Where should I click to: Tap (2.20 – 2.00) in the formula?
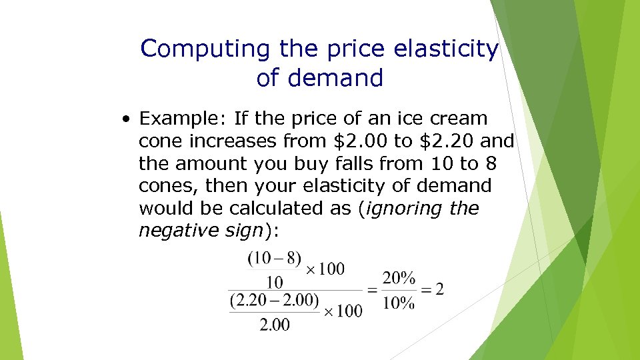pyautogui.click(x=274, y=300)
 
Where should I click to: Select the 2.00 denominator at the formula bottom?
pyautogui.click(x=274, y=325)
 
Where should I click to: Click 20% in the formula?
pyautogui.click(x=399, y=278)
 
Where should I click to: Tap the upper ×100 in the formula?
pyautogui.click(x=325, y=269)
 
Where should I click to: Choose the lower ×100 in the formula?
pyautogui.click(x=343, y=311)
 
